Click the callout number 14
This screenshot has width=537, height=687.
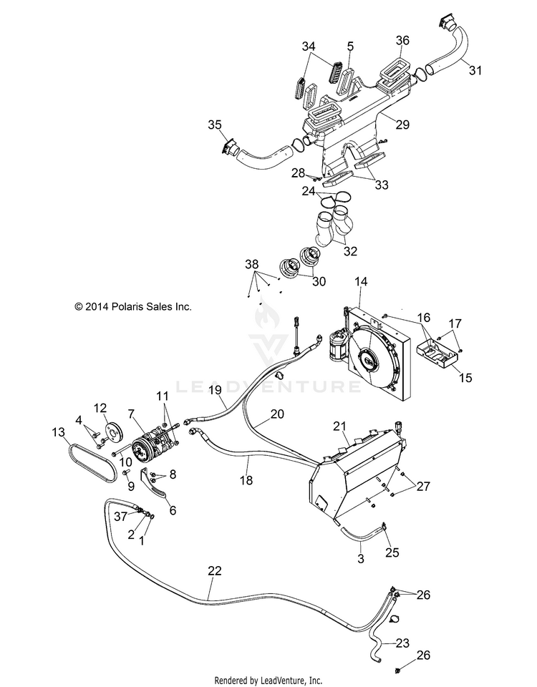pos(361,281)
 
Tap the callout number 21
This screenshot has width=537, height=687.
pos(339,426)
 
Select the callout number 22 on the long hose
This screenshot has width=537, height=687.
pos(215,571)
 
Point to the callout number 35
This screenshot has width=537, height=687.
pos(215,125)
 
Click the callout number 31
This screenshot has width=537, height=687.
pos(475,70)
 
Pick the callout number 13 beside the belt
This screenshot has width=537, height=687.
pos(58,432)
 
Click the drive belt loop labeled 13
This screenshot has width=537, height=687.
pos(93,462)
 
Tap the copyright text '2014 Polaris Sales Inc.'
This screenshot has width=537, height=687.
pos(133,307)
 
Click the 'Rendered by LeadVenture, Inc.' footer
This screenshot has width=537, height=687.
pos(268,681)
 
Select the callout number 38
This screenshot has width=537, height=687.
pos(251,265)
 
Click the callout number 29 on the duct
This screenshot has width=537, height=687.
pos(402,125)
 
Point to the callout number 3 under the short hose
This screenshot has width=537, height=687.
pos(361,559)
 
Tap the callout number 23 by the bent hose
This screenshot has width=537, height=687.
pos(402,643)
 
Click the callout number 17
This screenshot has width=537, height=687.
pos(455,323)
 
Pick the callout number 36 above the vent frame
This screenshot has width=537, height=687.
pos(402,40)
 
